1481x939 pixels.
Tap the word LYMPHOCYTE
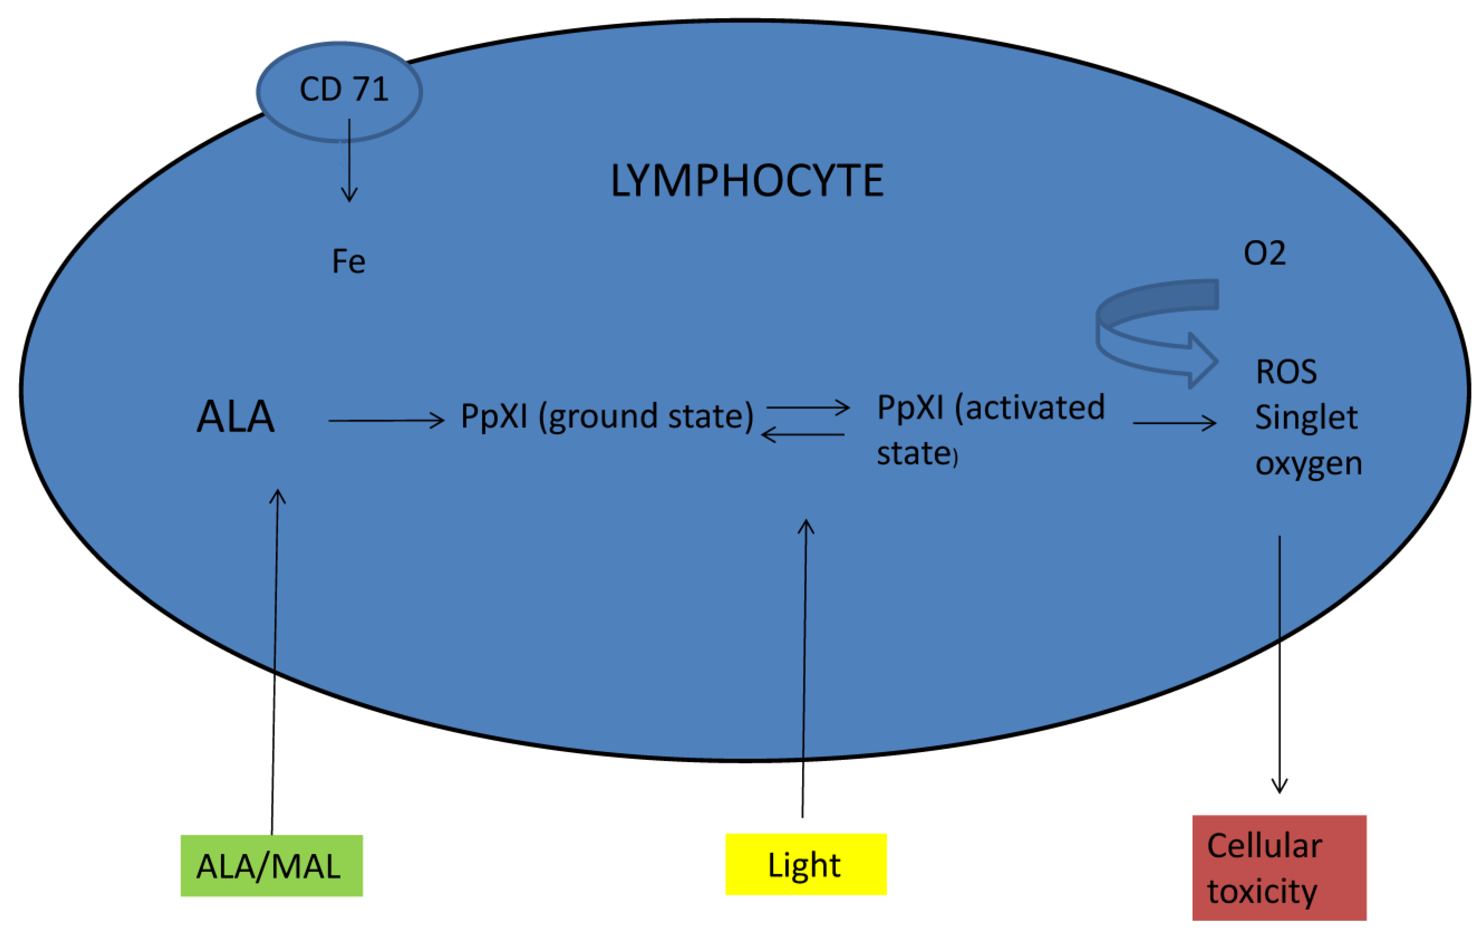pos(747,181)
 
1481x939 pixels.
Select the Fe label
pos(348,261)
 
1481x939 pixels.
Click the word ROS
pos(1286,372)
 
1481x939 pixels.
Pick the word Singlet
pos(1306,418)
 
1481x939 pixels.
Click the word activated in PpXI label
pos(1035,408)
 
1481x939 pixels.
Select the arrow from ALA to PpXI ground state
pos(386,421)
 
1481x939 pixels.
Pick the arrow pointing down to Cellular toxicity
pos(1279,664)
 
